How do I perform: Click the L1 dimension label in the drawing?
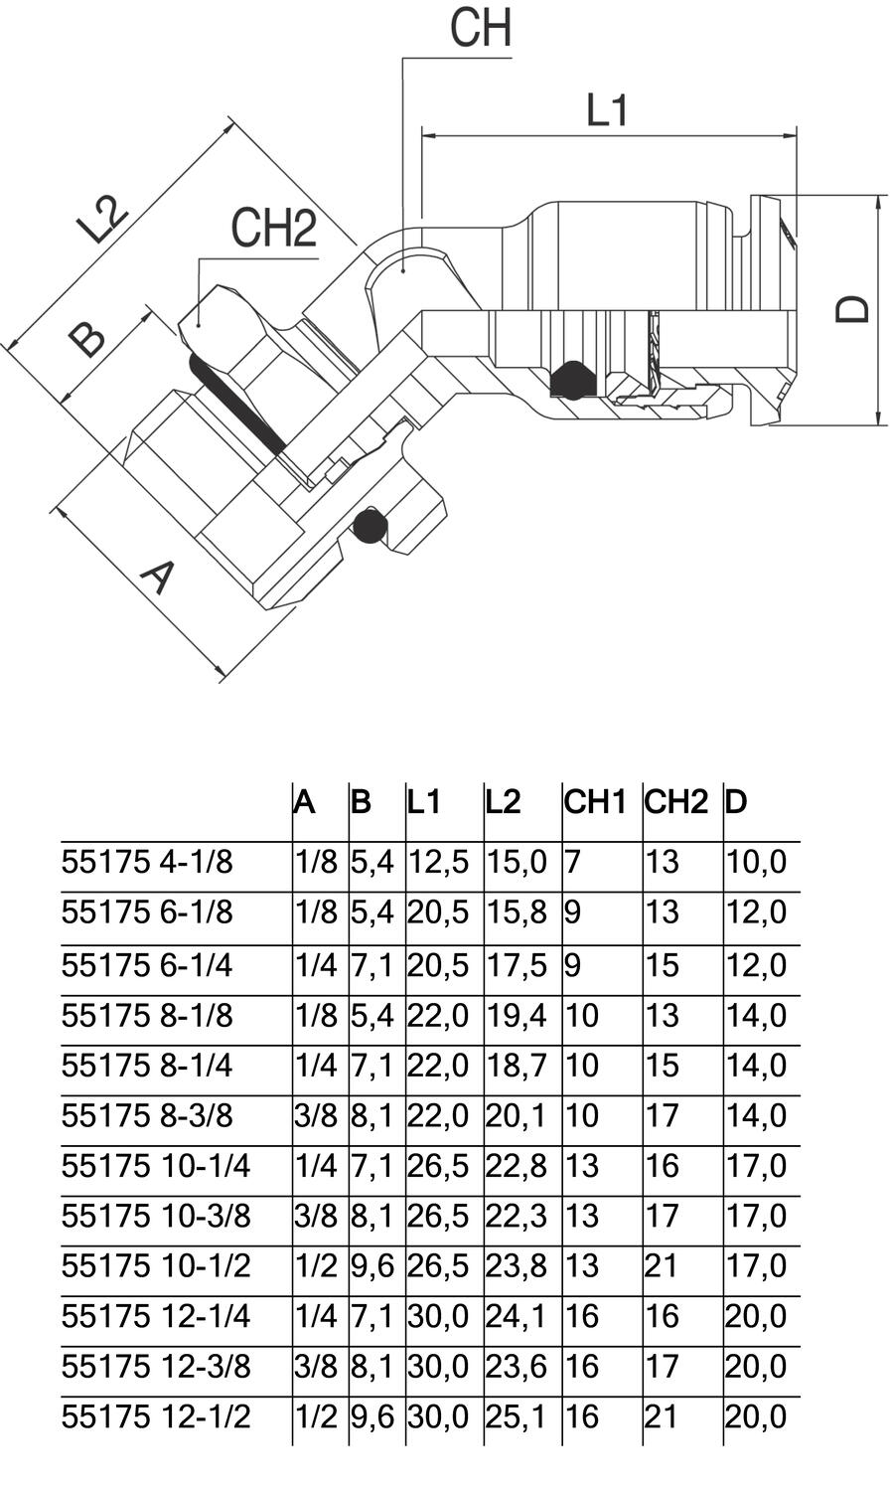point(607,110)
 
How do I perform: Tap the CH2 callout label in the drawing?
point(273,228)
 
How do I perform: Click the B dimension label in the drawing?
point(87,340)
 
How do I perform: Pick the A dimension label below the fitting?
point(158,578)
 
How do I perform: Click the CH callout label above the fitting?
point(481,28)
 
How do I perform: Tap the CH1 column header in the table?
point(595,802)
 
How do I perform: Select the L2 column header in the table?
point(503,802)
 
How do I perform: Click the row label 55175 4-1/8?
point(147,862)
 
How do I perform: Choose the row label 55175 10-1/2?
point(156,1265)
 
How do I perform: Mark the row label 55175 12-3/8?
point(156,1367)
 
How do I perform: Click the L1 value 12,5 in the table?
point(438,863)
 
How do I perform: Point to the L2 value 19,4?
point(516,1017)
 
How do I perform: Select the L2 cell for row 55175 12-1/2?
point(516,1417)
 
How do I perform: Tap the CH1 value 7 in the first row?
point(572,862)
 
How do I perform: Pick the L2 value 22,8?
point(516,1166)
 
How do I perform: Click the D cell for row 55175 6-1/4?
point(756,966)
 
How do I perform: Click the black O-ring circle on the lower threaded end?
point(370,527)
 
